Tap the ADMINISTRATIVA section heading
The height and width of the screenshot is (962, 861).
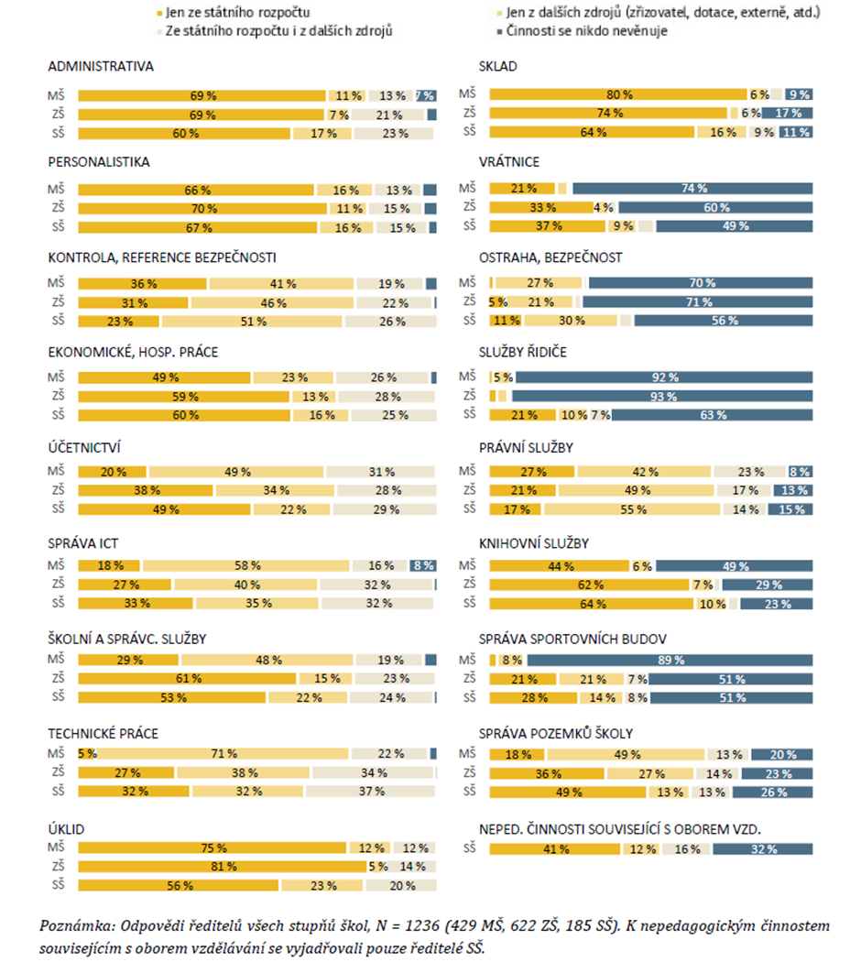click(x=101, y=67)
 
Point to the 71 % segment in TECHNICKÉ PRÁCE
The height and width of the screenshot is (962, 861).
click(x=220, y=753)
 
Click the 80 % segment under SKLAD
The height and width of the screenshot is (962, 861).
click(x=618, y=94)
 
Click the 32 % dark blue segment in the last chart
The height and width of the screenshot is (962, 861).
click(x=762, y=849)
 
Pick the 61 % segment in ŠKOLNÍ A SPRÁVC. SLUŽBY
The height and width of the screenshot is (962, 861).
click(x=187, y=678)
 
